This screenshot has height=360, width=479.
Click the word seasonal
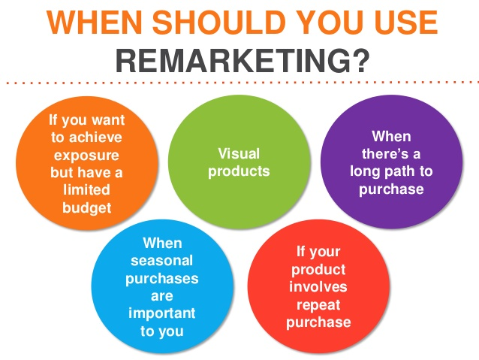[x=163, y=261]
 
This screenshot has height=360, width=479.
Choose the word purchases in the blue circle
[x=163, y=278]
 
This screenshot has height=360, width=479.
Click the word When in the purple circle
[x=392, y=136]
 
